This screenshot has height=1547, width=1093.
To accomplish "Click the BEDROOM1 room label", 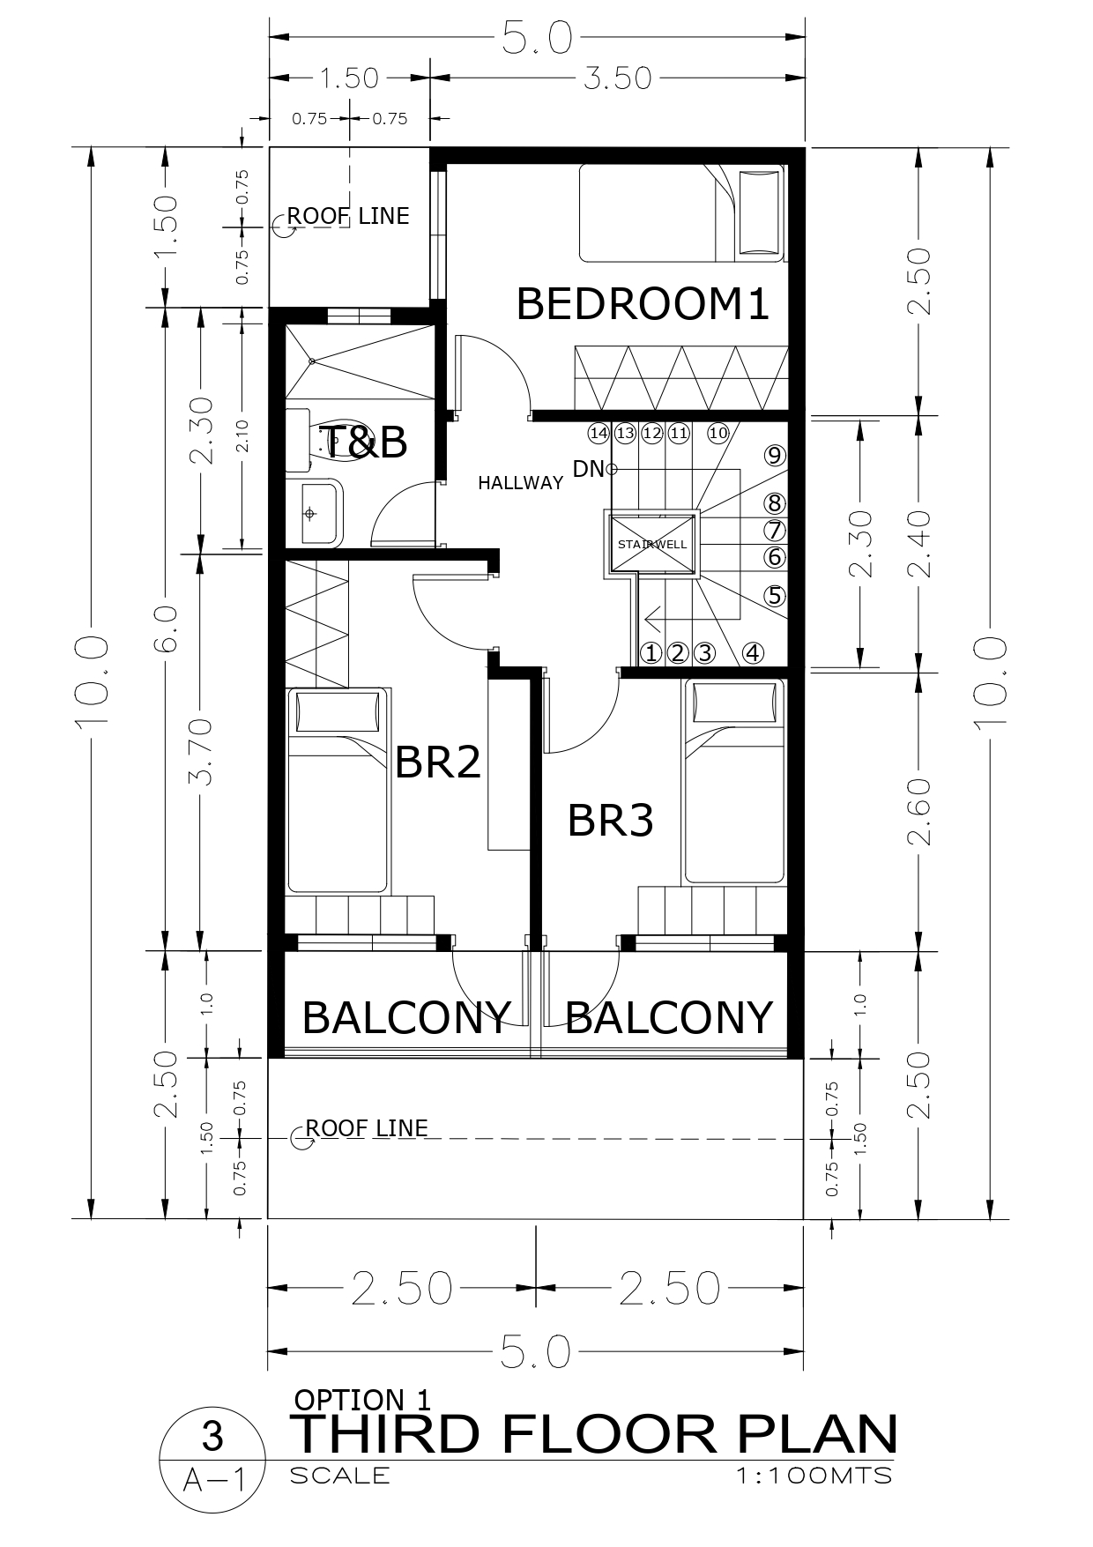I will pos(643,304).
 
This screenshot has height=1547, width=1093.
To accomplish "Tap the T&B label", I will pos(363,442).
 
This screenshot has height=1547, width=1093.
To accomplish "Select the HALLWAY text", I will pos(520,482).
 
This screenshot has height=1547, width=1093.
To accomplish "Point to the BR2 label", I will pos(438,761).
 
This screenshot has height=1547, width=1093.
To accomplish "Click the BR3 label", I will pos(610,820).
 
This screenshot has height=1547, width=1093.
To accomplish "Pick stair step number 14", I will pos(599,433).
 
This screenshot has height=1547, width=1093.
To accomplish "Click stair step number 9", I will pos(775,456).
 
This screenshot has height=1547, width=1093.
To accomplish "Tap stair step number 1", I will pos(651,653).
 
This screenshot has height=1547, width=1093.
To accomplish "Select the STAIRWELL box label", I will pos(651,544).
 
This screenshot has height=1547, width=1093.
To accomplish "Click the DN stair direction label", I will pos(588,469).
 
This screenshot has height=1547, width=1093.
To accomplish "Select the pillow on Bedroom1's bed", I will pos(759,212).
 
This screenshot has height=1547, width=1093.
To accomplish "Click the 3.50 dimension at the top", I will pos(617,78).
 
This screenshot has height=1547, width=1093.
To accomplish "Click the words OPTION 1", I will pos(361,1400).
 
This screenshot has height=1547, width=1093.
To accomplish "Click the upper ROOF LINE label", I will pos(348,216).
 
